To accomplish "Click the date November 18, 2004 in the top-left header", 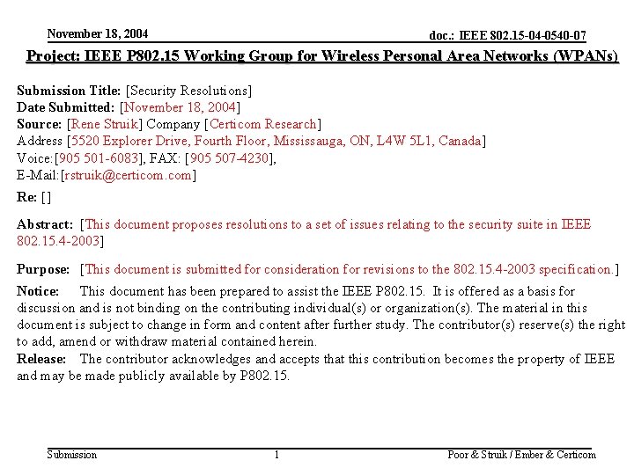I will click(98, 33).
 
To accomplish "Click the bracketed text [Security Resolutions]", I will click(189, 91).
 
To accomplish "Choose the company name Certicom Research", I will click(262, 124).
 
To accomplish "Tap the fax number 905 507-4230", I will click(228, 157).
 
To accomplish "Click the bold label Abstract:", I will click(44, 224).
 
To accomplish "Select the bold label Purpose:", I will click(43, 268).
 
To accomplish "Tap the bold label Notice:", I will click(38, 290).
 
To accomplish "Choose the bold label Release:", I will click(41, 358).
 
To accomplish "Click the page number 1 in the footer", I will click(276, 454).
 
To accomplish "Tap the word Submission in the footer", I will click(72, 454).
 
